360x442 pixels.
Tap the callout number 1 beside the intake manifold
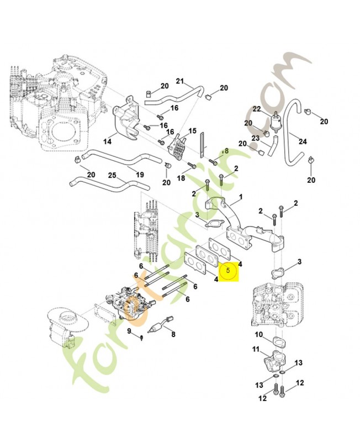(x=241, y=197)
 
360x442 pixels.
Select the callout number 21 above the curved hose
(x=179, y=82)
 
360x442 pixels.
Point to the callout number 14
(x=107, y=141)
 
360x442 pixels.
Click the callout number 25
(x=112, y=176)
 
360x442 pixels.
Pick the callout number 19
(x=140, y=174)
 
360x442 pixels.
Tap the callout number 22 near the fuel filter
(x=257, y=108)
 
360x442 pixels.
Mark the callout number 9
(x=129, y=331)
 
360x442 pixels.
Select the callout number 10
(x=258, y=335)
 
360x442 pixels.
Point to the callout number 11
(x=256, y=349)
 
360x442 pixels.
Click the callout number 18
(x=181, y=178)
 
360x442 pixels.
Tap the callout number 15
(x=192, y=131)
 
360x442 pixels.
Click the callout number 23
(x=256, y=138)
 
